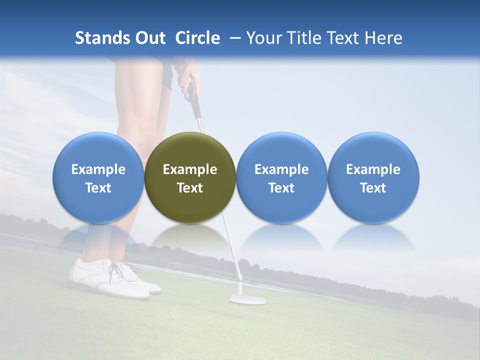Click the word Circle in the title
[197, 38]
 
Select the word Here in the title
[384, 38]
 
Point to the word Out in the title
[149, 38]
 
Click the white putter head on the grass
[247, 300]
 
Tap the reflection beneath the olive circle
[190, 237]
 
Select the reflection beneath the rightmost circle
[373, 237]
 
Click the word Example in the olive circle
[190, 169]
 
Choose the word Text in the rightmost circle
[373, 188]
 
